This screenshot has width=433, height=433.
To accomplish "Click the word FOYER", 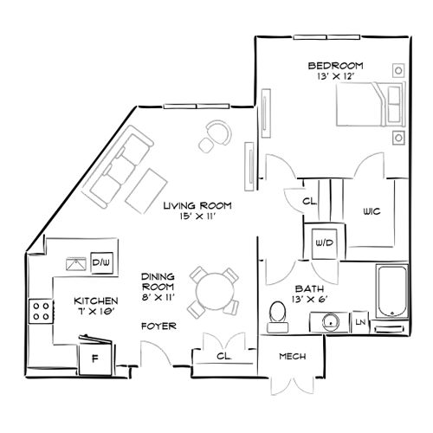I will coord(158,326).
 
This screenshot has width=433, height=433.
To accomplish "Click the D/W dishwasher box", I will coord(100,262).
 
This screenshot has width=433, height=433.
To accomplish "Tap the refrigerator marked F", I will coord(95,356).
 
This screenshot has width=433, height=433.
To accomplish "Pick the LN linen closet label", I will coord(361,322).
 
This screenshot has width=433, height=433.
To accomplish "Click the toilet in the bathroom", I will coord(278,315).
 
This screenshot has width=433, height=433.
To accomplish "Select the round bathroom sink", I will coord(330,322).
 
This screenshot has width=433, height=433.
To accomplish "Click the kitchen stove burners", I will coord(40,310).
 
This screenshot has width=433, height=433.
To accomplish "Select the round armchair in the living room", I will coord(216,133).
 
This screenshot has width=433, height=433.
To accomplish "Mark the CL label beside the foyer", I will coord(223,355).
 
